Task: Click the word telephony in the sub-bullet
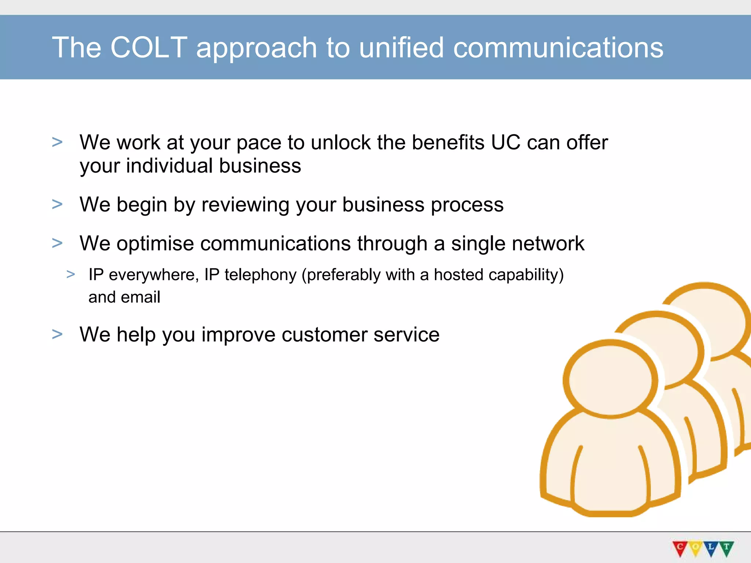tap(260, 275)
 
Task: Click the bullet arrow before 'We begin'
tap(57, 204)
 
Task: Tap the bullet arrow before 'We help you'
tap(57, 334)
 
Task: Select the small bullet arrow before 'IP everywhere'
tap(71, 274)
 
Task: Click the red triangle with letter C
tap(680, 548)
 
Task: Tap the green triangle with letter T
tap(726, 548)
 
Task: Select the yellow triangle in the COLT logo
tap(695, 548)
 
